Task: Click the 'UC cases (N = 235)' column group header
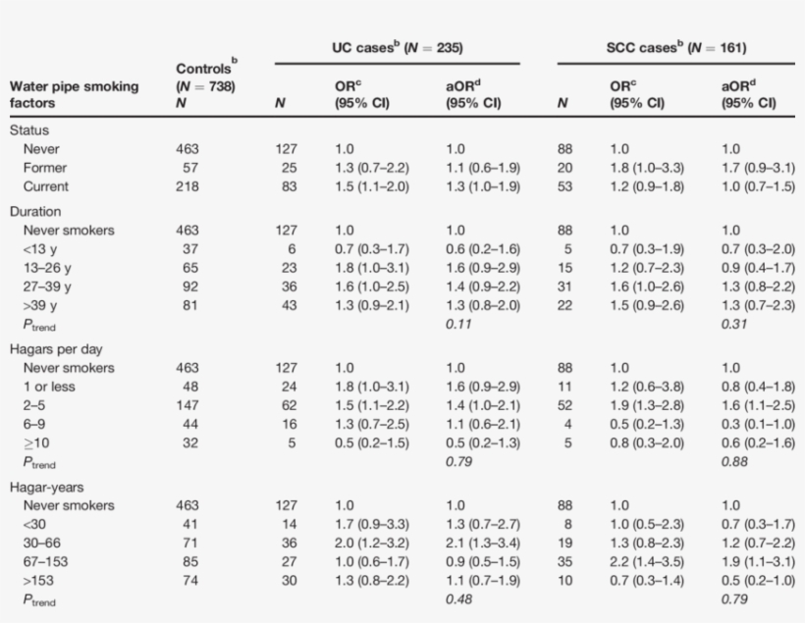click(397, 47)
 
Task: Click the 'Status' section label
click(29, 130)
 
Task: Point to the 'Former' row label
click(44, 168)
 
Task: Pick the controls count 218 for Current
click(186, 186)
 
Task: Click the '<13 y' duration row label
click(41, 249)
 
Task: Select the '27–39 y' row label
click(47, 286)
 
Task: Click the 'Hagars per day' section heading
click(56, 349)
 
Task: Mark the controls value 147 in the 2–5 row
click(186, 405)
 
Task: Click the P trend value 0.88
click(732, 461)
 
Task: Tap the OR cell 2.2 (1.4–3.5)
click(647, 563)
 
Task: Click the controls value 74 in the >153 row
click(188, 581)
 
